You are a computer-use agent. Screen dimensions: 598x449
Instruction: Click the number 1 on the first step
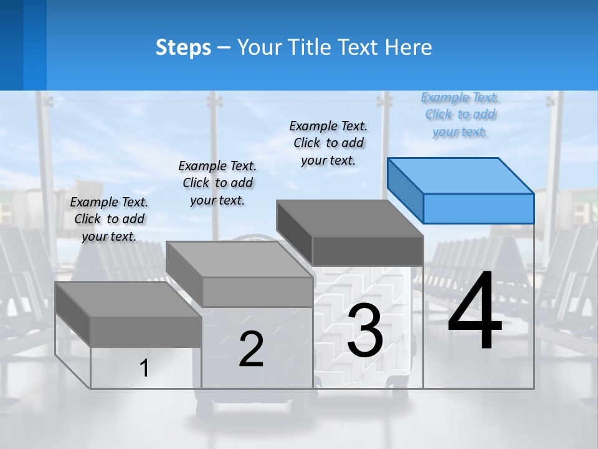(144, 368)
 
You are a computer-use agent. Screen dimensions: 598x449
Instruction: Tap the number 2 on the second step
(251, 349)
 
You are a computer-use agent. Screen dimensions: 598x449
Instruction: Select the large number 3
(365, 331)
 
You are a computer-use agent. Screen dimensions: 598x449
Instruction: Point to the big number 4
(475, 312)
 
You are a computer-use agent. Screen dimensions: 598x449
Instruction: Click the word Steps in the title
(183, 47)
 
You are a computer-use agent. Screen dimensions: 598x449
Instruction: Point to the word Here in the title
(409, 47)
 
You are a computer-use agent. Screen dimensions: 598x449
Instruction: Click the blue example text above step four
(460, 115)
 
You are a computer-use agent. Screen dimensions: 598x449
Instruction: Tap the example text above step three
(328, 143)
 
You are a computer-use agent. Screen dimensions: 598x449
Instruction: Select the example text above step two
(217, 183)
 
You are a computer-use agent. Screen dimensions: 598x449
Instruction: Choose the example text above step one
(109, 219)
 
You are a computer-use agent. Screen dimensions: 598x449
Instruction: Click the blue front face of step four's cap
(478, 208)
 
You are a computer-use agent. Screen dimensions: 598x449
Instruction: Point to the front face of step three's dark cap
(368, 251)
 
